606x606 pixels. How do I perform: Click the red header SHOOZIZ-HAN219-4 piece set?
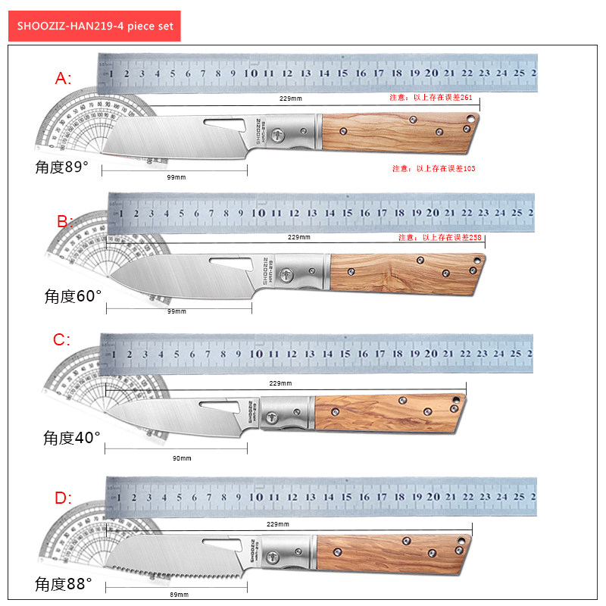tap(95, 26)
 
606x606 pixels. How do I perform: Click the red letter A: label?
tap(64, 78)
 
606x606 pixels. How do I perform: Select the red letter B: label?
tap(66, 221)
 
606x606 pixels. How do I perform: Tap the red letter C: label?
tap(62, 340)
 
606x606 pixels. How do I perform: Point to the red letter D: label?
tap(63, 498)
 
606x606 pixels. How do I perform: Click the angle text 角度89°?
tap(62, 167)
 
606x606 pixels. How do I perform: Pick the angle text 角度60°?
tap(73, 296)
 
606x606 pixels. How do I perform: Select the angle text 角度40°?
tap(72, 437)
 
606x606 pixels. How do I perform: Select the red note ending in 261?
tap(431, 98)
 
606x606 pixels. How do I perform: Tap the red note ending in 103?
tap(434, 168)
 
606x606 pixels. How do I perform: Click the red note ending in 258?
tap(440, 237)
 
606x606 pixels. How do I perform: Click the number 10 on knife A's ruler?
tap(251, 74)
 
